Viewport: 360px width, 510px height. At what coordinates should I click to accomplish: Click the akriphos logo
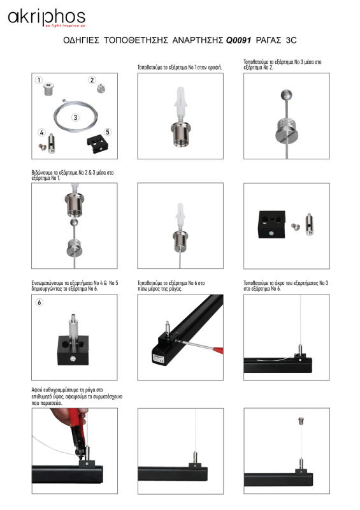point(47,18)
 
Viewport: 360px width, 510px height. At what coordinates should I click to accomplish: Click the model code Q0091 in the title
point(238,40)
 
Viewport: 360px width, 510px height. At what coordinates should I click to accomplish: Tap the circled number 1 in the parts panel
point(39,80)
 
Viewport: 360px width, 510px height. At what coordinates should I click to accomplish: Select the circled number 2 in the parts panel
point(92,80)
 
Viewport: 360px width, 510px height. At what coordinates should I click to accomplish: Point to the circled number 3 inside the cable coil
point(75,117)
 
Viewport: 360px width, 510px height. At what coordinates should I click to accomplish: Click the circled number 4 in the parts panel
point(41,133)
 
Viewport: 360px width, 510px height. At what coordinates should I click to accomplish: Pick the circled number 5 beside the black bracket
point(108,132)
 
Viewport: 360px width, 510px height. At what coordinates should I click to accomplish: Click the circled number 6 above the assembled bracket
point(40,302)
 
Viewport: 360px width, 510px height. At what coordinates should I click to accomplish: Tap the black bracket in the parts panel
point(99,145)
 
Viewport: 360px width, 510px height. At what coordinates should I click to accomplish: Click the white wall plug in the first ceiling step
point(180,101)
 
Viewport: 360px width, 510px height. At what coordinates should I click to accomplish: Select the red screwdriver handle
point(217,350)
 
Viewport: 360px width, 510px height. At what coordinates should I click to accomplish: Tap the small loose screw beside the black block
point(295,227)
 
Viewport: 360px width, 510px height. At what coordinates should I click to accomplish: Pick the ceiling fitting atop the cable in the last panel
point(301,421)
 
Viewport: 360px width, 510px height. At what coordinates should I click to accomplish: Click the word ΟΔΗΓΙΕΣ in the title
point(81,40)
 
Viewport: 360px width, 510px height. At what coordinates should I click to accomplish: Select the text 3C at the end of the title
point(291,40)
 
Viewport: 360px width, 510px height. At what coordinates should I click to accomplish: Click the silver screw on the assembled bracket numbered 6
point(73,359)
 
